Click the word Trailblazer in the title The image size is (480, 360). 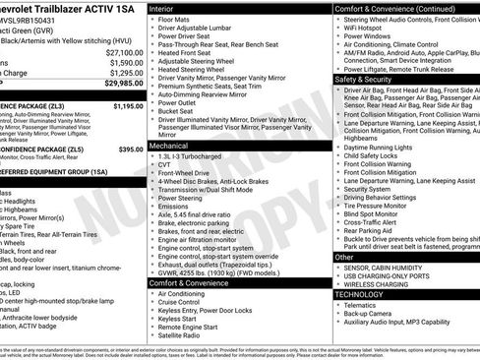tap(47, 8)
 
